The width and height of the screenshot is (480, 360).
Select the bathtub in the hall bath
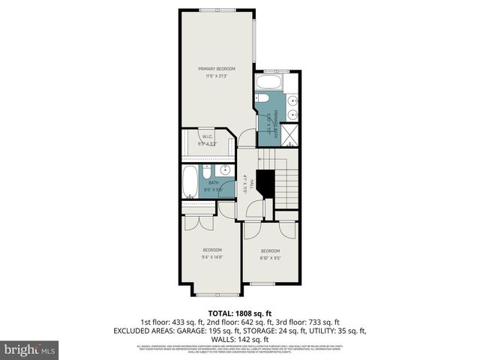coord(189,181)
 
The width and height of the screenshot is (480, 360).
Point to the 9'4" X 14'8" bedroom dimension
coord(212,257)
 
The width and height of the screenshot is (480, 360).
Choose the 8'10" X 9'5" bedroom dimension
coord(270,258)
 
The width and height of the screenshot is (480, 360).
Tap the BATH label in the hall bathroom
coord(214,183)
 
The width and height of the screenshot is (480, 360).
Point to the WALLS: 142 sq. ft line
coord(240,339)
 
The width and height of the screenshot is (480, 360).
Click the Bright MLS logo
coord(31,349)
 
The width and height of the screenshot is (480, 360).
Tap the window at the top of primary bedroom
coord(217,9)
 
